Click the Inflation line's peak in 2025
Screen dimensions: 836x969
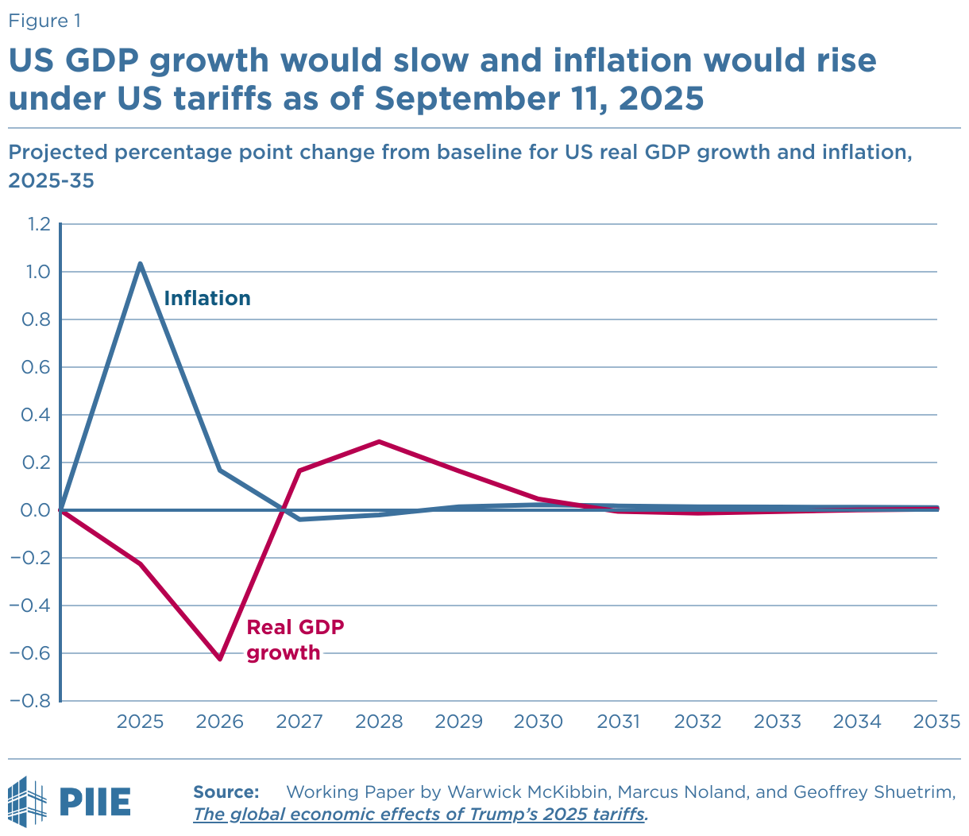pos(141,264)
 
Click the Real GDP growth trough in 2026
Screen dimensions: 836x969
pos(220,659)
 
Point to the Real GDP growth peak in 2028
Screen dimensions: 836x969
pos(380,441)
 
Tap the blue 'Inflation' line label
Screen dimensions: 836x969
pos(207,298)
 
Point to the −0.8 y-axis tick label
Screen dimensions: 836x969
pos(31,702)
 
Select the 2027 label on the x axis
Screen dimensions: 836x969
pos(299,722)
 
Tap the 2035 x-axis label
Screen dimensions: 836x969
pos(937,722)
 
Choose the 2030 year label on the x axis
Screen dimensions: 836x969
pos(539,722)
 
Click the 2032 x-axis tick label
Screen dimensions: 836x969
pos(697,722)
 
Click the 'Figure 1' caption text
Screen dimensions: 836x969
pos(44,21)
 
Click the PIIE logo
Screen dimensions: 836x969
pos(70,800)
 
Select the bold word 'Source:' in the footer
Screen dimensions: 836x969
pos(226,791)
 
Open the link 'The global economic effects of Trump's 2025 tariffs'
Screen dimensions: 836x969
pos(420,815)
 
